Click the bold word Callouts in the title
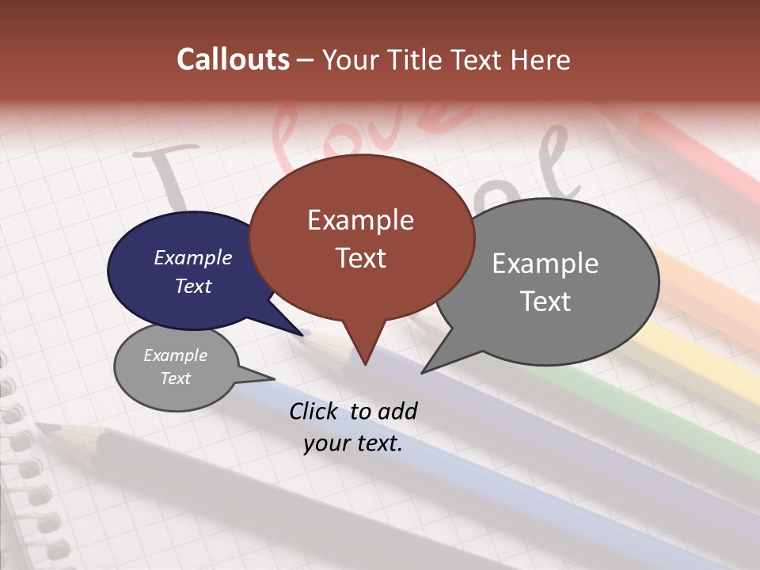coord(233,59)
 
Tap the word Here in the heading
coord(538,59)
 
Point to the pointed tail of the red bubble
coord(365,363)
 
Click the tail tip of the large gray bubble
coord(423,372)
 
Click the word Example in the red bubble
coord(360,220)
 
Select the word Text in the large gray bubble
coord(545,302)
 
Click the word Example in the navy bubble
coord(193,258)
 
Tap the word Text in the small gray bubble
coord(176,378)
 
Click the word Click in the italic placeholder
coord(314,411)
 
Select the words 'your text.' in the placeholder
coord(353,444)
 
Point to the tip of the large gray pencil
coord(40,427)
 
